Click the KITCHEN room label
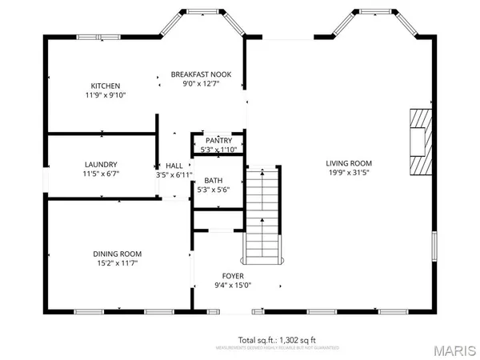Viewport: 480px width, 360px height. [105, 86]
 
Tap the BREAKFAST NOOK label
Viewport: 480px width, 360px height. [201, 74]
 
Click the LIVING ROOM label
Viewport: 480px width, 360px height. [349, 163]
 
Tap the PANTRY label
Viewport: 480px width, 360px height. [218, 140]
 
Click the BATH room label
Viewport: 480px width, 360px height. [214, 181]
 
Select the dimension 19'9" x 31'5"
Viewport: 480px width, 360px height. [349, 172]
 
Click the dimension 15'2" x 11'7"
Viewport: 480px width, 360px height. [118, 263]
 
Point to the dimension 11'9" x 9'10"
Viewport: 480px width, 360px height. [105, 94]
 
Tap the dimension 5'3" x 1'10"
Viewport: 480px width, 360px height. [218, 149]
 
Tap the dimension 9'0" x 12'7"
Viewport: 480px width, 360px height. [201, 83]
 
